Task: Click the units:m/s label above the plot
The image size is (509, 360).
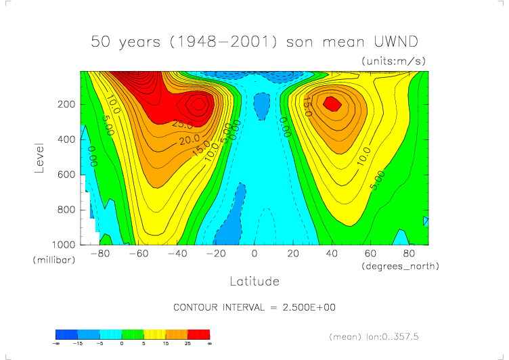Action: pyautogui.click(x=394, y=61)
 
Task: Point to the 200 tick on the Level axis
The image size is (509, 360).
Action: pyautogui.click(x=68, y=104)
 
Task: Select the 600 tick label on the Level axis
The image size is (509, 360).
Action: pyautogui.click(x=68, y=175)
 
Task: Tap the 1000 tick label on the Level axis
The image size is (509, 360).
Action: pyautogui.click(x=65, y=244)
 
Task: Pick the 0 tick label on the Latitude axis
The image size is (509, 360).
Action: pyautogui.click(x=255, y=254)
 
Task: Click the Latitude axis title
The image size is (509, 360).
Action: pyautogui.click(x=255, y=280)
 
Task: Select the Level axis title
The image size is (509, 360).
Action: pyautogui.click(x=40, y=157)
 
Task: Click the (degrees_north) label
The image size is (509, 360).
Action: pyautogui.click(x=400, y=266)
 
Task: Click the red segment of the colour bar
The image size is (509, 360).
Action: pyautogui.click(x=199, y=334)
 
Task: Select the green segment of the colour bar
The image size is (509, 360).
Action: pyautogui.click(x=133, y=334)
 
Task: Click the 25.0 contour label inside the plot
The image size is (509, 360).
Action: pyautogui.click(x=163, y=125)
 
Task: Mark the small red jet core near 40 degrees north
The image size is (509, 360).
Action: pyautogui.click(x=332, y=103)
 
